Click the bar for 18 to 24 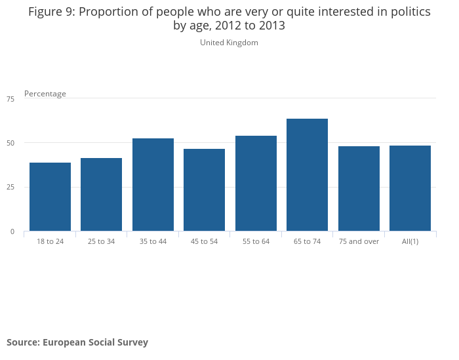coord(50,197)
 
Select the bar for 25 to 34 coord(101,195)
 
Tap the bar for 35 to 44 coord(153,185)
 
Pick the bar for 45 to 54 coord(204,190)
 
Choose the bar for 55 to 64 coord(256,184)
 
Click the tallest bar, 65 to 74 coord(307,175)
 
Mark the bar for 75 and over coord(359,189)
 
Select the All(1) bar coord(410,188)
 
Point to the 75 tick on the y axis coord(10,99)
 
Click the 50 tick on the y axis coord(10,143)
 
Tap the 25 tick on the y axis coord(10,188)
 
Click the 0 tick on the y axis coord(11,231)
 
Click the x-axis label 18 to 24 coord(50,241)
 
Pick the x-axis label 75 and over coord(359,241)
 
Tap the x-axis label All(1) coord(410,241)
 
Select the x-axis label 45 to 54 coord(204,241)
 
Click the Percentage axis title coord(45,94)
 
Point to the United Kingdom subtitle coord(229,43)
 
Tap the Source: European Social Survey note coord(77,342)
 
